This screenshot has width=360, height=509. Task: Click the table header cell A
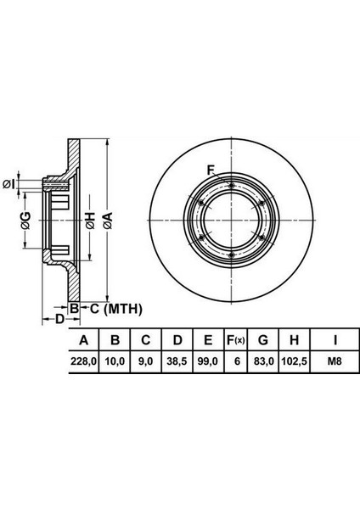click(x=84, y=340)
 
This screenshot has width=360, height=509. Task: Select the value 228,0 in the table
click(x=84, y=361)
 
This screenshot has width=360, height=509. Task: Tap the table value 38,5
click(x=177, y=361)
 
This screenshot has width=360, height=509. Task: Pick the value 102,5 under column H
click(x=294, y=361)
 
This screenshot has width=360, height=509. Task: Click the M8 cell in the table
click(x=335, y=361)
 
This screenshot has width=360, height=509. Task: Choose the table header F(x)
click(x=235, y=340)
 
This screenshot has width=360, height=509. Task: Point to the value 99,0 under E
click(x=208, y=361)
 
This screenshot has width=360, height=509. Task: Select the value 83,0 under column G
click(x=263, y=361)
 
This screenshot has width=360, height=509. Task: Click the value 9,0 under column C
click(x=145, y=361)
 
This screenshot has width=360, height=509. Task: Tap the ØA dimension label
click(x=108, y=221)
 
